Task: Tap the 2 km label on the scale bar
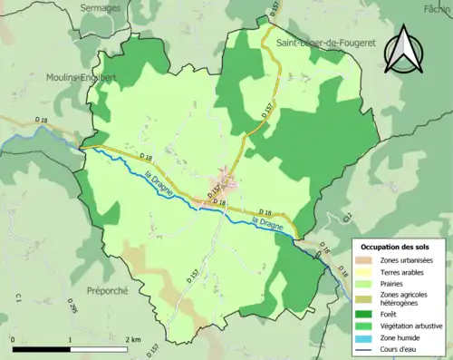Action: pyautogui.click(x=134, y=339)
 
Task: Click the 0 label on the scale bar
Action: pyautogui.click(x=14, y=339)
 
